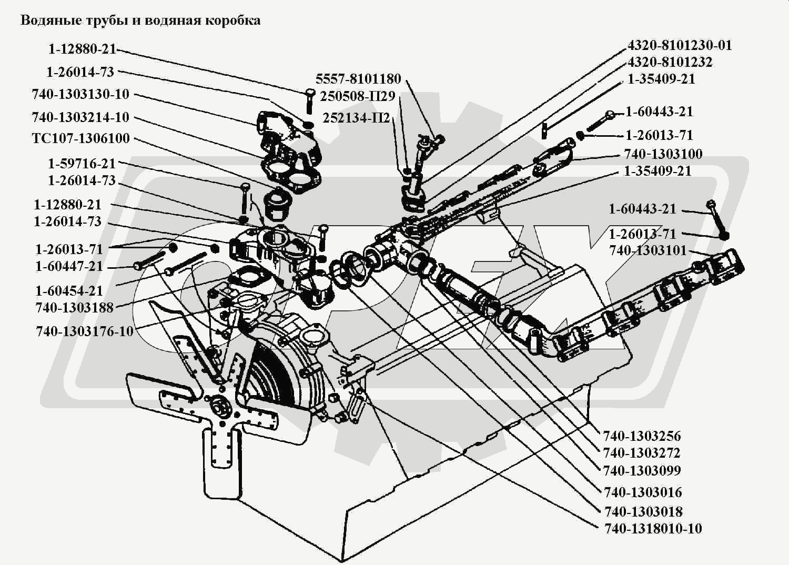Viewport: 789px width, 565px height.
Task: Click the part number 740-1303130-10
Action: click(80, 94)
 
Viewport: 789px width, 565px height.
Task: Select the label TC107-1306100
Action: click(80, 139)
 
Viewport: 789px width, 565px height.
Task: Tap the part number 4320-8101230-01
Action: click(679, 45)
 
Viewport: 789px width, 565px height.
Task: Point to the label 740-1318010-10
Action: click(653, 528)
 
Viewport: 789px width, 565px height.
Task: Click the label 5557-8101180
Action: click(358, 79)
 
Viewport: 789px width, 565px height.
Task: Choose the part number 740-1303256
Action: click(642, 436)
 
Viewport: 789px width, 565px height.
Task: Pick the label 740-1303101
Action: click(648, 250)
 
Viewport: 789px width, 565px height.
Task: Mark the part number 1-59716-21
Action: click(82, 164)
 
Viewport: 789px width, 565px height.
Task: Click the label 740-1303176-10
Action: click(85, 332)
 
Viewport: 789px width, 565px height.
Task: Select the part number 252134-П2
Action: click(356, 118)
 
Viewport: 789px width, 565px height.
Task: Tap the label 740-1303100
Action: click(663, 154)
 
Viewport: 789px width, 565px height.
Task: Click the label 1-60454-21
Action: click(69, 290)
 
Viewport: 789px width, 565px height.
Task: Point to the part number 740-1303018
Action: click(643, 511)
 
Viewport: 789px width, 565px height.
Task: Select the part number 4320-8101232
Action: click(670, 62)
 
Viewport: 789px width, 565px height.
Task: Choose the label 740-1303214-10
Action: click(80, 117)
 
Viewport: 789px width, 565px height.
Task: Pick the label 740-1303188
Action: click(75, 308)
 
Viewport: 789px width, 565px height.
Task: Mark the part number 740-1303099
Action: click(642, 470)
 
